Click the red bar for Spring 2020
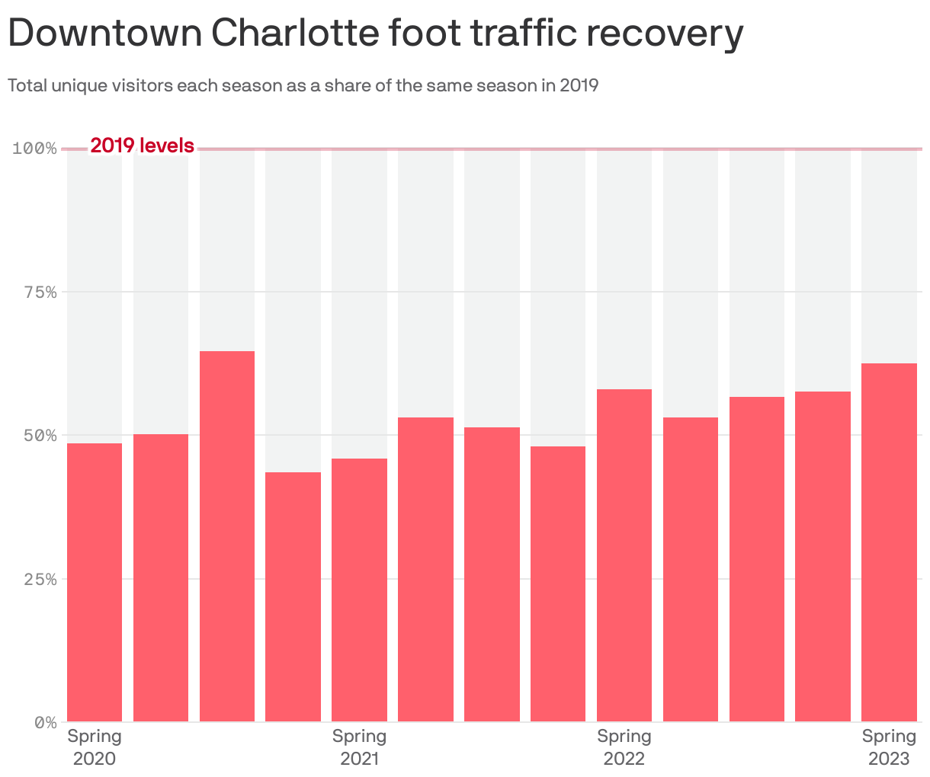click(95, 582)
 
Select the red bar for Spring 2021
click(359, 590)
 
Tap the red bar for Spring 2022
click(624, 555)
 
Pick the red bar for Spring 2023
click(889, 542)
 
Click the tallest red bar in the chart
click(227, 536)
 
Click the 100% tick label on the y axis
click(35, 148)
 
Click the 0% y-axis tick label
click(44, 721)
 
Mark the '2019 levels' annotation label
click(142, 145)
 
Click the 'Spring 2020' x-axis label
click(95, 747)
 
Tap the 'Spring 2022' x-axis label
click(624, 747)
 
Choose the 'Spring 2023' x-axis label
click(889, 747)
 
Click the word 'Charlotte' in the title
click(293, 34)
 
